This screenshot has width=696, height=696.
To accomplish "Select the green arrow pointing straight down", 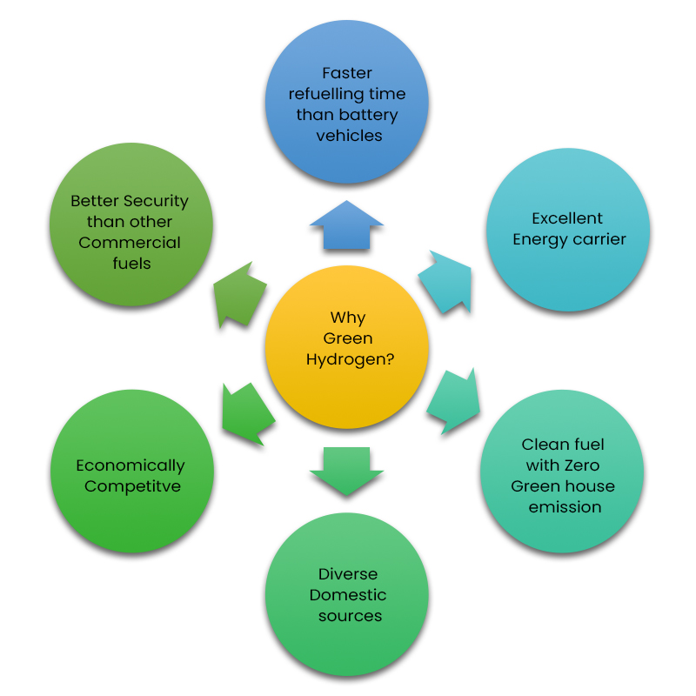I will [x=346, y=471].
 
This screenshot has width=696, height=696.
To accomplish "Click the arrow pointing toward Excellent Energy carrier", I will [x=446, y=279].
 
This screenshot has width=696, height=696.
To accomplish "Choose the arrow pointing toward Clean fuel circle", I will [x=454, y=401].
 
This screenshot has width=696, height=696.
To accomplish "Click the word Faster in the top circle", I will [x=347, y=73].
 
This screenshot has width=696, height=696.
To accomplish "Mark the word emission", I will [x=565, y=507].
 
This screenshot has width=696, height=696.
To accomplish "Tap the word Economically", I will [x=130, y=465].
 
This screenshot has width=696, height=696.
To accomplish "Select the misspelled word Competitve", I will [x=132, y=486].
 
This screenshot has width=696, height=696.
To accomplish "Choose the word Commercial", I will [x=130, y=243].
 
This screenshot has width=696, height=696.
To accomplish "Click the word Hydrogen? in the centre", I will [x=349, y=359].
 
